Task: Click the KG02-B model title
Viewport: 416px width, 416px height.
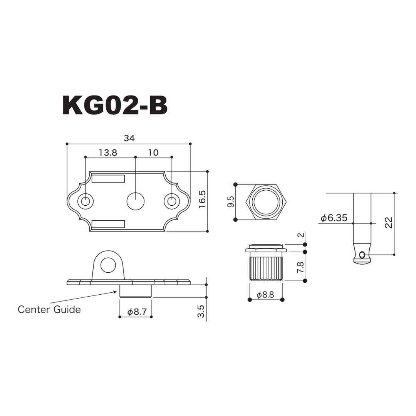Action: tap(115, 106)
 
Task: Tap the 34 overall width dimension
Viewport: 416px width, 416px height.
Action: tap(129, 138)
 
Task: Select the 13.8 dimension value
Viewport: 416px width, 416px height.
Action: tap(108, 153)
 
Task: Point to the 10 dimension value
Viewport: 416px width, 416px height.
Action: tap(153, 153)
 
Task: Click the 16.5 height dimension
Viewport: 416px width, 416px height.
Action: tap(202, 199)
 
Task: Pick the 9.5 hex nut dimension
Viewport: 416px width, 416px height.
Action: tap(231, 202)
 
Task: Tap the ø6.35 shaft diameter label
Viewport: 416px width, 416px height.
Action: tap(334, 218)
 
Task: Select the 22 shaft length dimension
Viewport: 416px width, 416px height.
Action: tap(389, 222)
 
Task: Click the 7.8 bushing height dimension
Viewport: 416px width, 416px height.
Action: tap(300, 267)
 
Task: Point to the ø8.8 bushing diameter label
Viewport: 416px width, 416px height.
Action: tap(265, 295)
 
